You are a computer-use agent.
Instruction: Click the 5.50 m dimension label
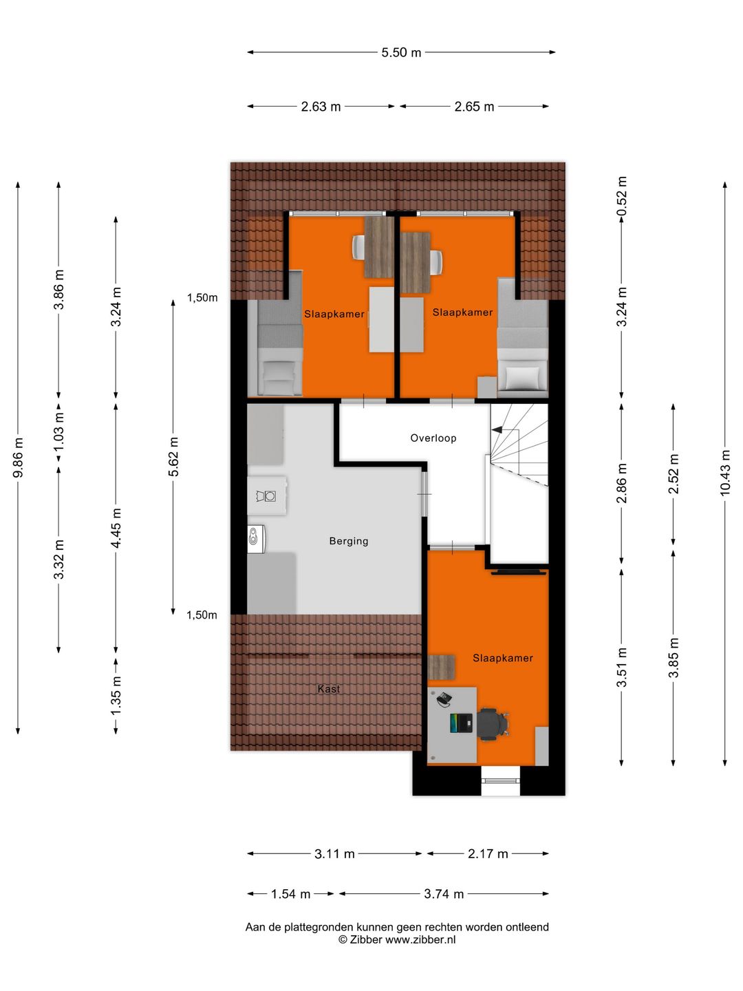coord(401,52)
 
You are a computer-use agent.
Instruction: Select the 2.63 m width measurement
coord(321,107)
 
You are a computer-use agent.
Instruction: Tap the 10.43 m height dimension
coord(725,473)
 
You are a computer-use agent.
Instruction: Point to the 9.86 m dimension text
coord(19,458)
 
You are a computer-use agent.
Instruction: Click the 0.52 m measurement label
coord(622,196)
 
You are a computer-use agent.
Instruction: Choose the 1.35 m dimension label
coord(116,694)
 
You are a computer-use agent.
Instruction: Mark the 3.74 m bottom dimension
coord(444,894)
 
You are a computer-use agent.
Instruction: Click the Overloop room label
coord(433,438)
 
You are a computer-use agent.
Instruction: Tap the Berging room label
coord(348,542)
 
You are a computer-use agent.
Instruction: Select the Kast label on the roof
coord(328,689)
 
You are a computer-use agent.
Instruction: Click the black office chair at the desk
coord(492,724)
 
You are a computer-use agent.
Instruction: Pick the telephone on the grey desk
coord(444,699)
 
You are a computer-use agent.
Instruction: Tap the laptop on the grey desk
coord(462,723)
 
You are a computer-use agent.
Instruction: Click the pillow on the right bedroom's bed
coord(522,378)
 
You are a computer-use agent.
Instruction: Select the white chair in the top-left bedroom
coord(358,247)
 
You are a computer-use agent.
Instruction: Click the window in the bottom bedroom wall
coord(500,780)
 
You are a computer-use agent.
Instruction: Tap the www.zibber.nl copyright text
coord(396,940)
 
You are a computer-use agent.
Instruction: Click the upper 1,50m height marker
coord(202,298)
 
